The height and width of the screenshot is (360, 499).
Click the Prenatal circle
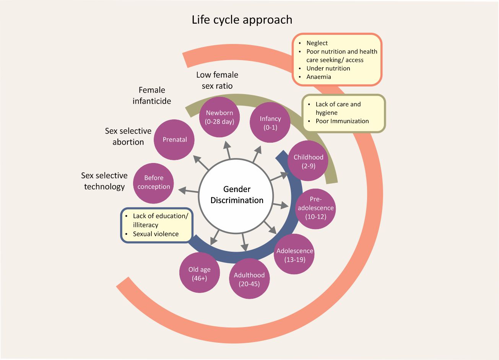(x=174, y=140)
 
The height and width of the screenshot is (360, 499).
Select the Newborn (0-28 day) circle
(x=220, y=117)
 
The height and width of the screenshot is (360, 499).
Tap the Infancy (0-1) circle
(x=270, y=123)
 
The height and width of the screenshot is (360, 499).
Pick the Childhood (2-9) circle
(x=308, y=161)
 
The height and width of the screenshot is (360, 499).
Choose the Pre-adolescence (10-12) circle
(x=315, y=209)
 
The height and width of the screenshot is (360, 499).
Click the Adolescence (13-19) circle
(x=294, y=255)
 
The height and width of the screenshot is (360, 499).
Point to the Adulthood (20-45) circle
(x=249, y=279)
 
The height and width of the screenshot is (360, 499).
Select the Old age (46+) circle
(x=199, y=273)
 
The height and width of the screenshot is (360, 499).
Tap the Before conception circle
(x=154, y=183)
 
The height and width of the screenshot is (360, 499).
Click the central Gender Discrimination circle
(x=237, y=195)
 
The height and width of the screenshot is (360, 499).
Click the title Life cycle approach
(x=242, y=20)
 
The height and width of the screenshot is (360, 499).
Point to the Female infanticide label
(x=152, y=96)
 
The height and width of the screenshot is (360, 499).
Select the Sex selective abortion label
(x=128, y=137)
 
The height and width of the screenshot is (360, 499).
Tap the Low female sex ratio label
(x=217, y=80)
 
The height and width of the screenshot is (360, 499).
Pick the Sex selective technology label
(x=104, y=181)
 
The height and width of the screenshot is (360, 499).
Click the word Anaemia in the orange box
(x=319, y=77)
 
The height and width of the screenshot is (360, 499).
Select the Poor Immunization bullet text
(x=342, y=121)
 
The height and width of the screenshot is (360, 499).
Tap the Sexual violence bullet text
(x=156, y=234)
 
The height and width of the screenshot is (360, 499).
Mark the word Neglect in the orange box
(x=317, y=43)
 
